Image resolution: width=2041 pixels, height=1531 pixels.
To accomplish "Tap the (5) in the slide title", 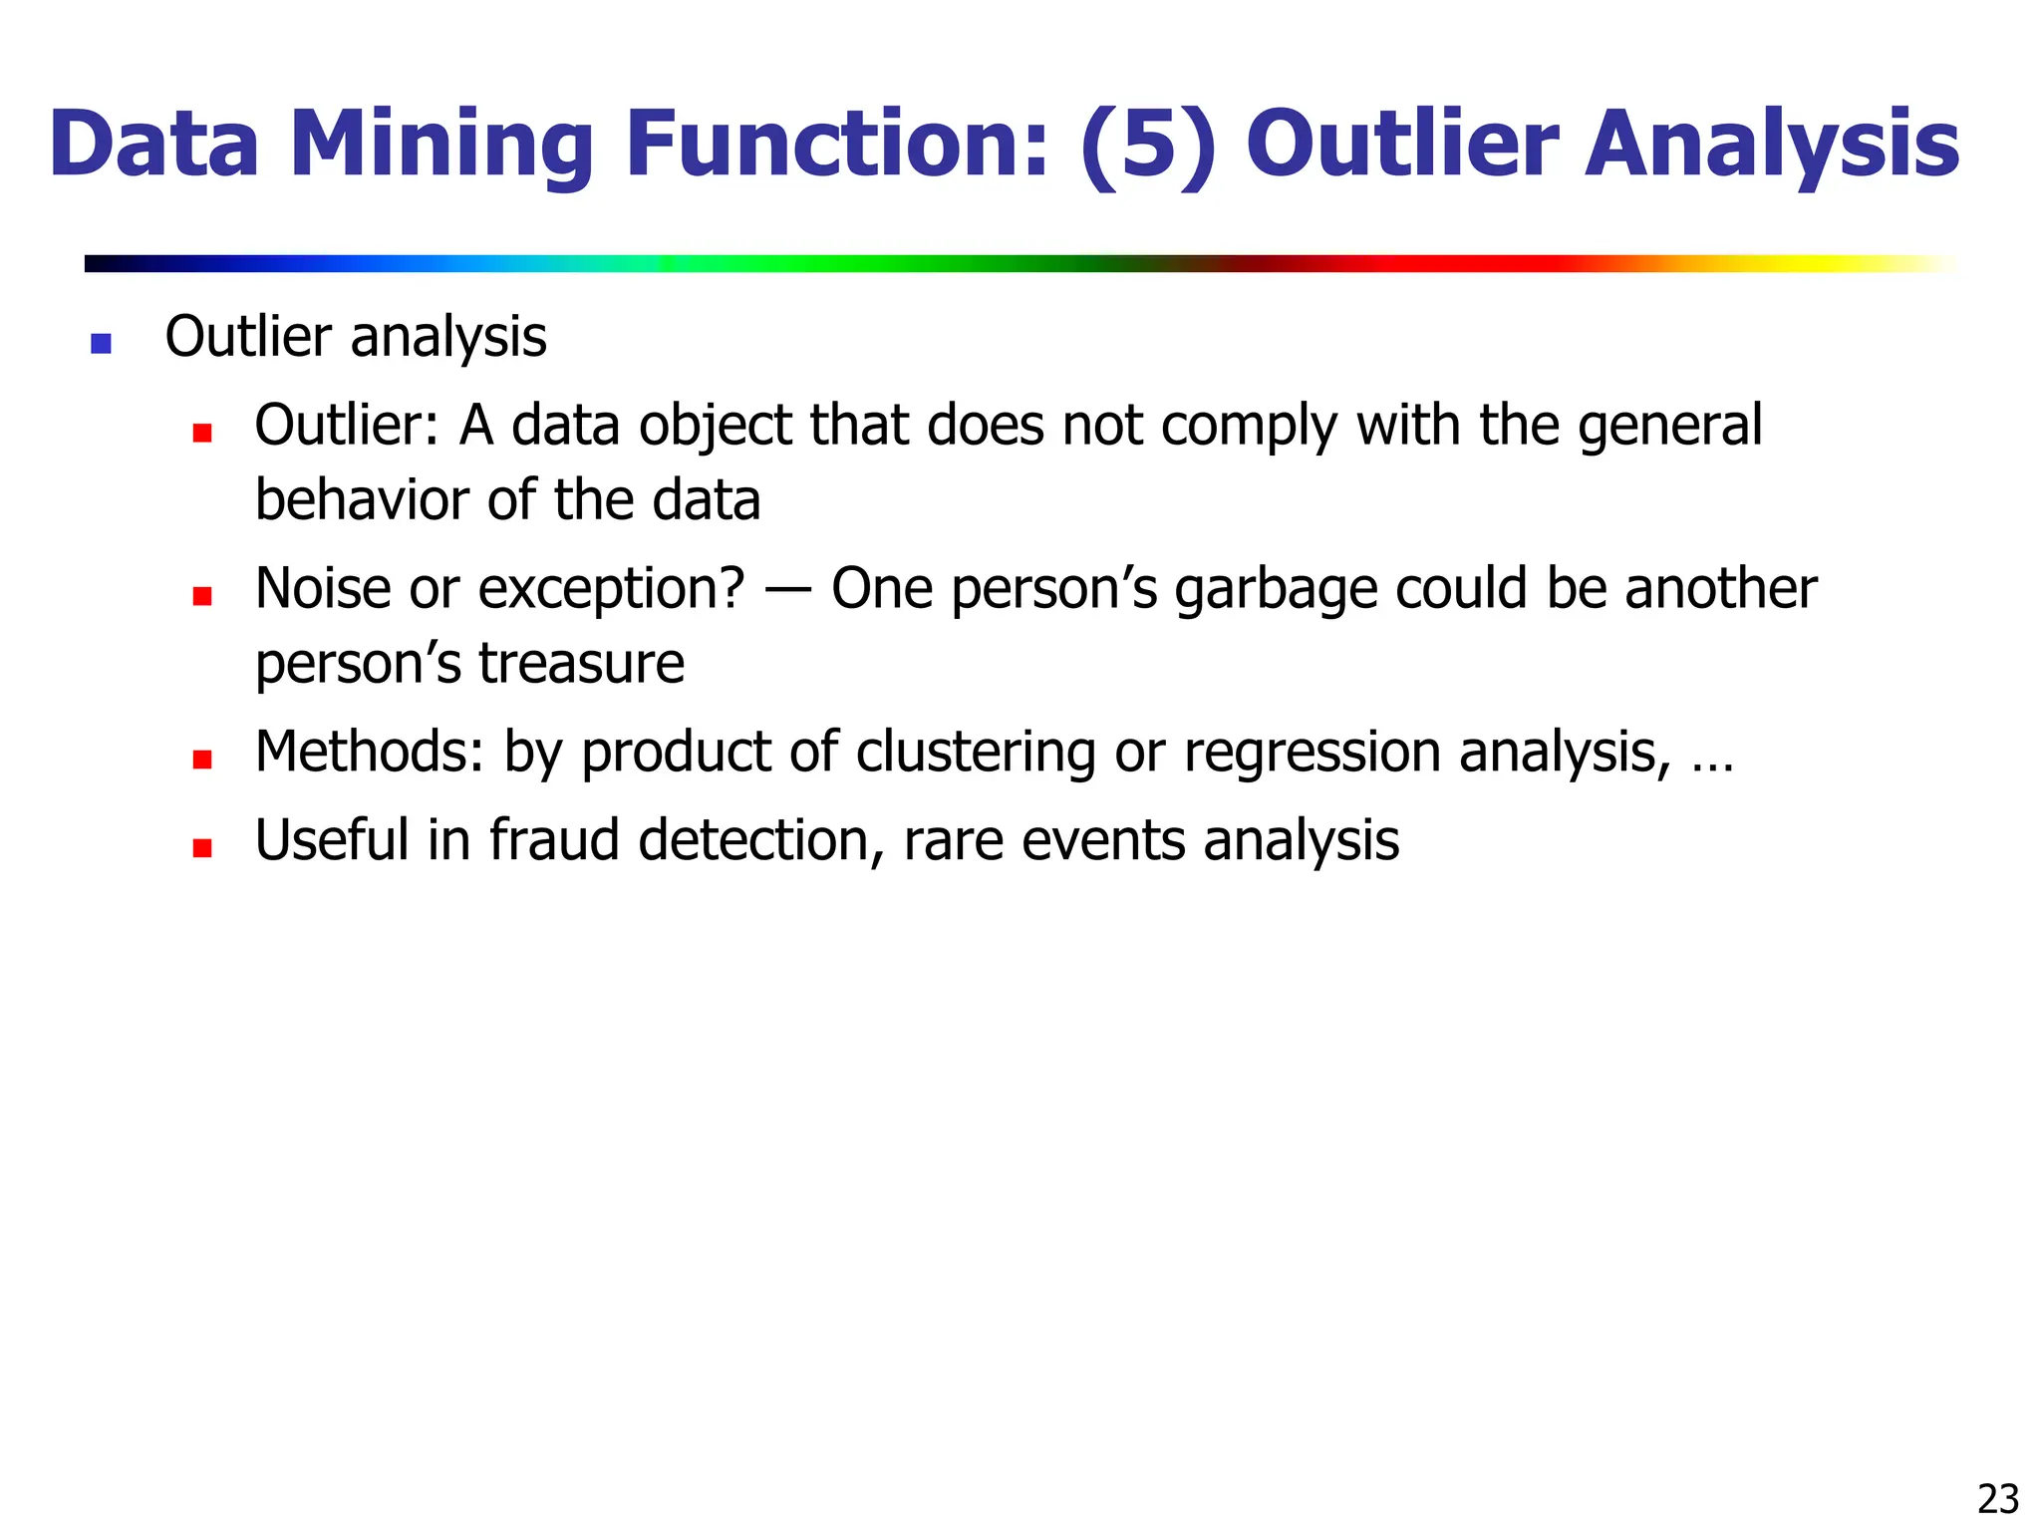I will [1148, 146].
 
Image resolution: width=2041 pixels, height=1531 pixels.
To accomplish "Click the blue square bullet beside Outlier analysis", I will [101, 344].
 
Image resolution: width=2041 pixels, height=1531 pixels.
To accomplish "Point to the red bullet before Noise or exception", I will [202, 596].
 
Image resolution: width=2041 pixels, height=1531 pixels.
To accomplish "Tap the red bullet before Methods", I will [202, 760].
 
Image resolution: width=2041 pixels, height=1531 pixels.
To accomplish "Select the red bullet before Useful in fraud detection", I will [202, 848].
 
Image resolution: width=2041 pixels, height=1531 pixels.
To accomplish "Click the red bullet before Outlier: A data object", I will [202, 433].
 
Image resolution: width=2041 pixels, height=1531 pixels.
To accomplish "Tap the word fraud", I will [554, 840].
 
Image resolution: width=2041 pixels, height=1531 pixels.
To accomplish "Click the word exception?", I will [611, 590].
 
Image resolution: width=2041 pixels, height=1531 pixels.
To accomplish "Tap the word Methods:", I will [369, 752].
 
